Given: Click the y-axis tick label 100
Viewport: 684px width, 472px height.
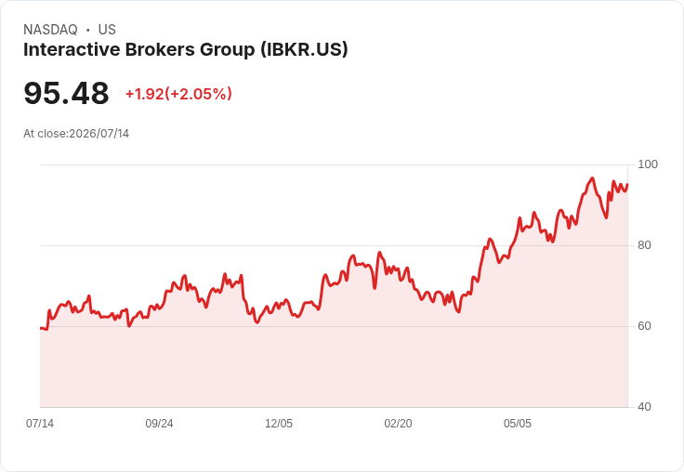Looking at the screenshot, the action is click(648, 164).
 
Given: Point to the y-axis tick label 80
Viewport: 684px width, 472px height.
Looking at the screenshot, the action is click(644, 245).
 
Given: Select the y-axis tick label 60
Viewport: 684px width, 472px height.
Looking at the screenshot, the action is click(644, 326).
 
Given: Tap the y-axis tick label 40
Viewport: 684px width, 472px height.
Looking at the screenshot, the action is click(644, 407).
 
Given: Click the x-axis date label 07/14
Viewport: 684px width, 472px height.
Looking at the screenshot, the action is click(40, 423).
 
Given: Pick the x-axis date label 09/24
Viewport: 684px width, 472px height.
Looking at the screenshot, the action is click(159, 423).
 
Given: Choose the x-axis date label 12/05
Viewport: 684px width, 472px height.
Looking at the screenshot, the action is click(279, 423).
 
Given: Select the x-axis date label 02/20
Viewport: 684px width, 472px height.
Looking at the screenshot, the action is click(398, 423).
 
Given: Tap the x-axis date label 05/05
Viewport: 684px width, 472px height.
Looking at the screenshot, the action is click(518, 423).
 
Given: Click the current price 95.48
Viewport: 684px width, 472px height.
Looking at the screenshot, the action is click(66, 93).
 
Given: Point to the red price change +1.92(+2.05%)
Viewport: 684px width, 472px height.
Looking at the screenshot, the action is click(178, 94).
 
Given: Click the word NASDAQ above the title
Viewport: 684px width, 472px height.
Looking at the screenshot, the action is click(50, 30).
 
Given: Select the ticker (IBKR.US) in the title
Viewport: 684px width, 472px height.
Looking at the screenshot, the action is click(305, 50).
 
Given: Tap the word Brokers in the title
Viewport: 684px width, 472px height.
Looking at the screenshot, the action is click(160, 49).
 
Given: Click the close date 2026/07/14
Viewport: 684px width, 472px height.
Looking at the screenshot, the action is click(99, 134).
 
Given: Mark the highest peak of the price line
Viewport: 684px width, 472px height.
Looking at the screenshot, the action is click(592, 178).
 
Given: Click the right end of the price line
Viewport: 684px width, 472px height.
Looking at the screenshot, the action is click(627, 185).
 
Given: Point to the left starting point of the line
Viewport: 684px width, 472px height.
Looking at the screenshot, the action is click(40, 328).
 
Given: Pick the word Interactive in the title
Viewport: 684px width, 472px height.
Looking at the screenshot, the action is click(72, 49).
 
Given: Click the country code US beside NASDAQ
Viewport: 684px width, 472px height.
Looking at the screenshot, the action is click(107, 30).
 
